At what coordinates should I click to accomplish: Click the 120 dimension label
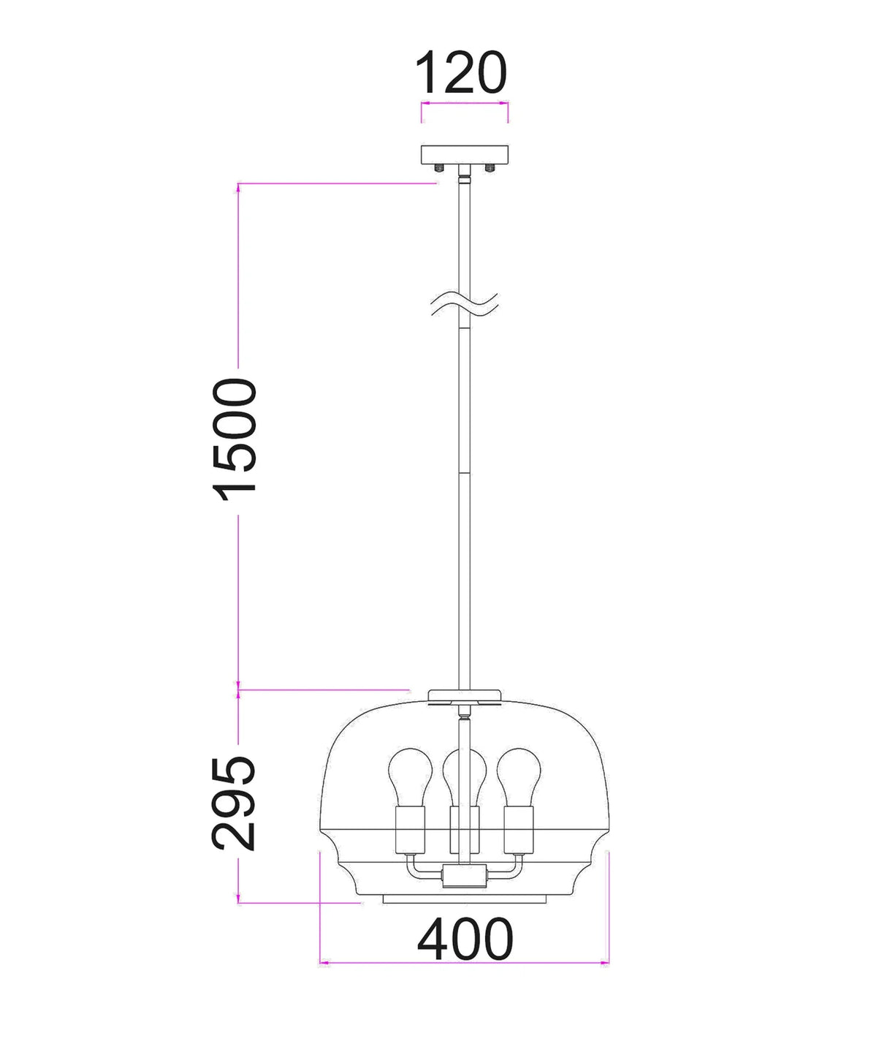[x=460, y=73]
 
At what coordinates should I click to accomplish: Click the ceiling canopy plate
[x=465, y=155]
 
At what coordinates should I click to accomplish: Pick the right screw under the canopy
[x=490, y=169]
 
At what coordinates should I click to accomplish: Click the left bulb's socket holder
[x=407, y=830]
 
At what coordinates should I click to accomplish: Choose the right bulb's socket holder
[x=519, y=830]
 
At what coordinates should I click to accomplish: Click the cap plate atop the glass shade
[x=465, y=695]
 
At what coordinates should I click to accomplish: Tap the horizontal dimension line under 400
[x=465, y=963]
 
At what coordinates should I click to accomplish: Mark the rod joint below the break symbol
[x=464, y=475]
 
